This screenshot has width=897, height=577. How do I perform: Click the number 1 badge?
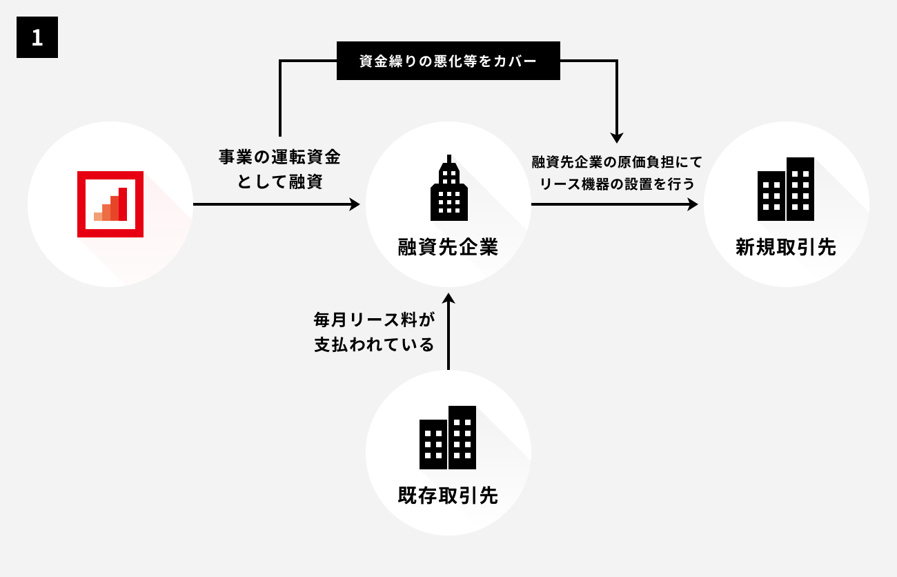[37, 37]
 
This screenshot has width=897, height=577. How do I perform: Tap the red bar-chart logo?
[110, 204]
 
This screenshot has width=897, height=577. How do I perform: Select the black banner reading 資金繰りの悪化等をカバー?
[448, 61]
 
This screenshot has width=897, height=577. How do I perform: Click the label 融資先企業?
[448, 247]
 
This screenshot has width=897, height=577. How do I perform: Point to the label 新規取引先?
[786, 247]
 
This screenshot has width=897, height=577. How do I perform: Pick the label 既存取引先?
[448, 496]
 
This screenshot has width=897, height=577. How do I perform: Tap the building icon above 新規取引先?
[786, 189]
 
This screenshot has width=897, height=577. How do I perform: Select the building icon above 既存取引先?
[448, 438]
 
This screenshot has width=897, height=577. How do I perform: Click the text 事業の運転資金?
[279, 157]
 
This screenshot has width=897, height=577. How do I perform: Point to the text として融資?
[279, 182]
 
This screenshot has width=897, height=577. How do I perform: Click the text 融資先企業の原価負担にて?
[616, 162]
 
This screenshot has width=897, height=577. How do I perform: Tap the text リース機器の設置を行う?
[616, 184]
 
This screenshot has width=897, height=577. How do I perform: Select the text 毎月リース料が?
[375, 320]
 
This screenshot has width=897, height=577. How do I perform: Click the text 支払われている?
[374, 344]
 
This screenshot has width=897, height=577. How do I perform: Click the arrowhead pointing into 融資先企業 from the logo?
[355, 204]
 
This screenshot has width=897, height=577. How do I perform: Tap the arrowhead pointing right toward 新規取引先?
[693, 204]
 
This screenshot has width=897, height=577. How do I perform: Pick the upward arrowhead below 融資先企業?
[448, 298]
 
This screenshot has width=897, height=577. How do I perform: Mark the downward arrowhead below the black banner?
[617, 137]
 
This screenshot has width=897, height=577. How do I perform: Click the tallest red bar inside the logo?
[123, 204]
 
